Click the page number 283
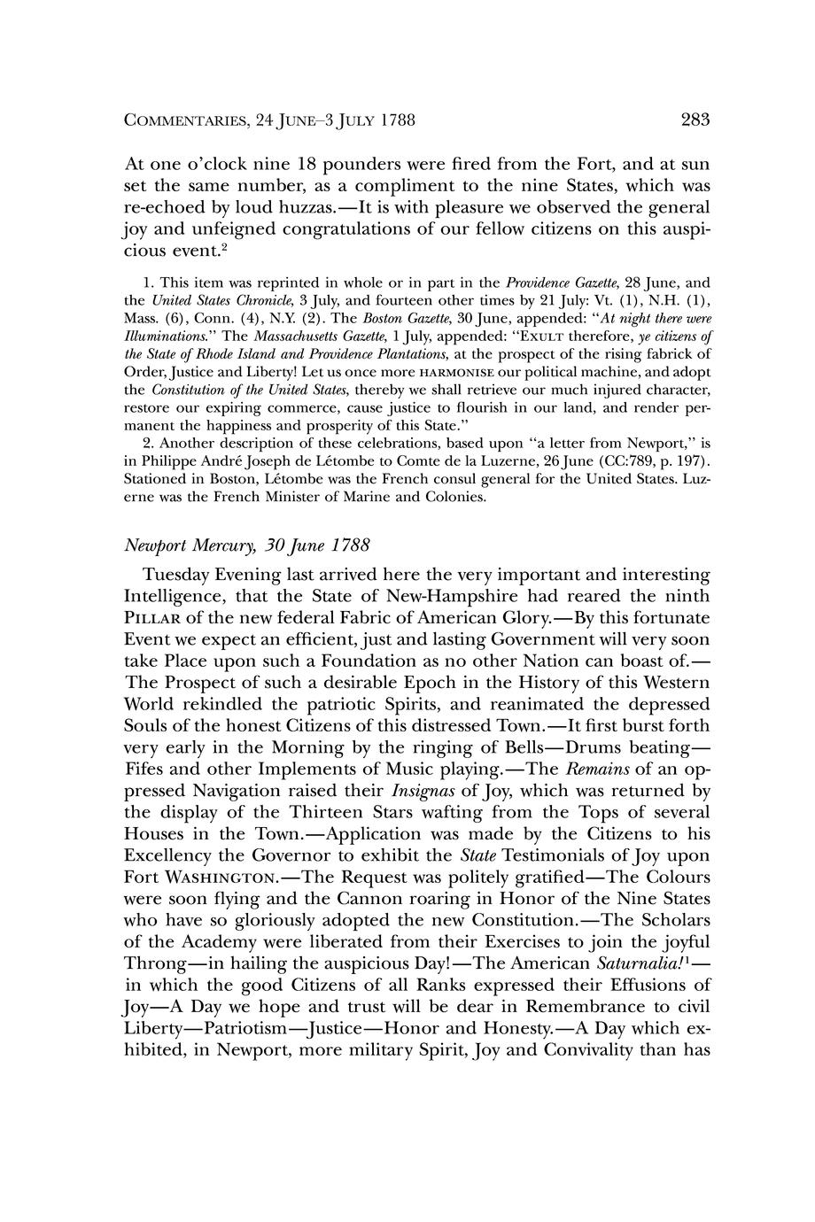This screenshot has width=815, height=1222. click(x=695, y=120)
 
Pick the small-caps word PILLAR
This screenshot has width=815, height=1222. click(x=153, y=617)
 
